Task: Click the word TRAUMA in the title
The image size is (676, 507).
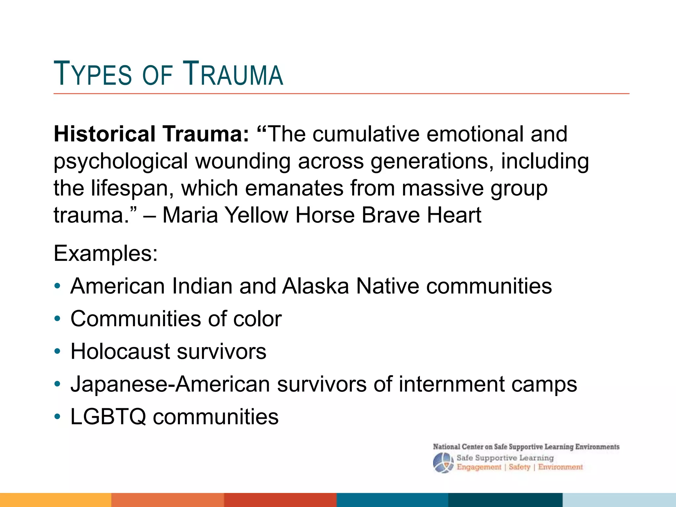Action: [233, 74]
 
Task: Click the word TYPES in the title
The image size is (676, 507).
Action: [93, 74]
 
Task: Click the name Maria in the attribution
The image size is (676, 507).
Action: [190, 215]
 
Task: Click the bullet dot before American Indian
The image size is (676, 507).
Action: [58, 286]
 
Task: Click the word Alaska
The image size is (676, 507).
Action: [315, 286]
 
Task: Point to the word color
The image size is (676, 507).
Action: [257, 319]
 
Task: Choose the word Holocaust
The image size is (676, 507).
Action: [120, 351]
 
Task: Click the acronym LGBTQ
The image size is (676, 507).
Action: [108, 417]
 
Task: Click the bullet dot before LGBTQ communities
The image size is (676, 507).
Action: [58, 417]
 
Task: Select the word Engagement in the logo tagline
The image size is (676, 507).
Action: [479, 467]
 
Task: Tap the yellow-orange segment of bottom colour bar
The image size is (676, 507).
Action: [55, 500]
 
